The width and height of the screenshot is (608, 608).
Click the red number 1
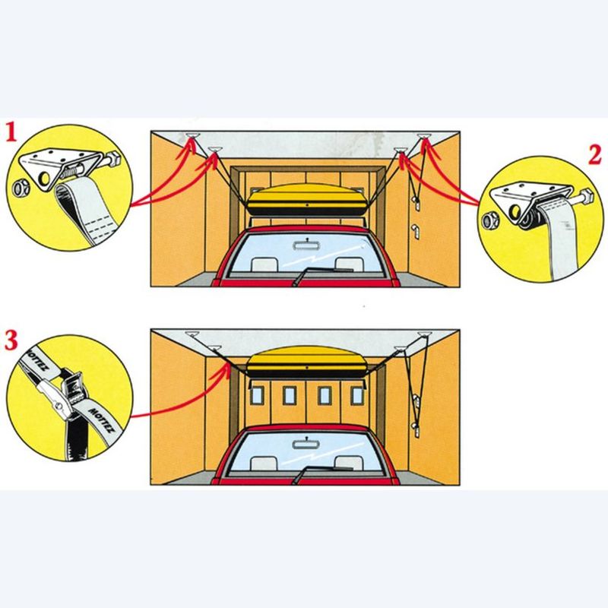[x=11, y=134]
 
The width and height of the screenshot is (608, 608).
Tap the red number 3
[x=11, y=340]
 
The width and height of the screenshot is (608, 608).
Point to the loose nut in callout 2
[x=490, y=222]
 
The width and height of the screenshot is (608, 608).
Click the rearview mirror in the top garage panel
[x=302, y=245]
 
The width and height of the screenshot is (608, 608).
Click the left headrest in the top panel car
[x=264, y=264]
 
